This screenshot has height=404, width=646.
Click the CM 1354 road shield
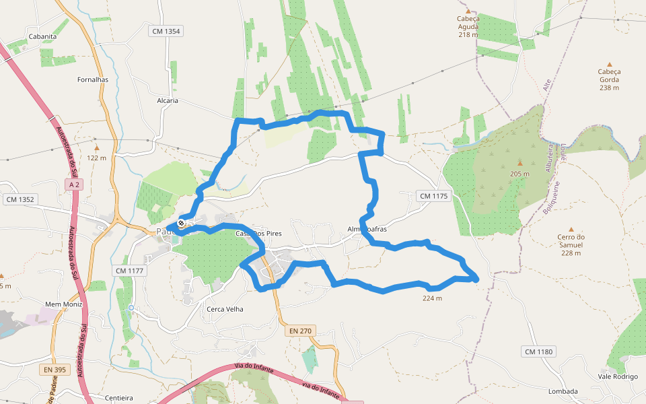click(x=166, y=31)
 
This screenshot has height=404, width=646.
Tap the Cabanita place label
click(x=42, y=36)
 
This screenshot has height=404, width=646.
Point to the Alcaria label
click(x=168, y=100)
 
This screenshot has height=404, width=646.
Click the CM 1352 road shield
click(x=20, y=199)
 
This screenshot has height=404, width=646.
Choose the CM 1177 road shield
click(x=130, y=271)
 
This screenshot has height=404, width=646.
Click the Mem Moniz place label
click(x=63, y=304)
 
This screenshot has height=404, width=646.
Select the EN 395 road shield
click(x=55, y=370)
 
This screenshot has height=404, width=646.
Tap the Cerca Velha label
click(x=225, y=309)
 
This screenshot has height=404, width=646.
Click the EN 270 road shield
click(x=300, y=331)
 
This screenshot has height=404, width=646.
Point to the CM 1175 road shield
click(x=433, y=196)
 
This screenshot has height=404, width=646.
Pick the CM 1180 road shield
click(x=538, y=351)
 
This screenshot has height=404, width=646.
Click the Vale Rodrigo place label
click(x=618, y=376)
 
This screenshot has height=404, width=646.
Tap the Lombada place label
click(x=563, y=391)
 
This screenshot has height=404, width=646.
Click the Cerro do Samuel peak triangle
click(x=571, y=229)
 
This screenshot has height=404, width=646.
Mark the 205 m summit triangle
click(x=519, y=163)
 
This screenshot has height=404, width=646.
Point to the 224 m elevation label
click(x=432, y=298)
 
